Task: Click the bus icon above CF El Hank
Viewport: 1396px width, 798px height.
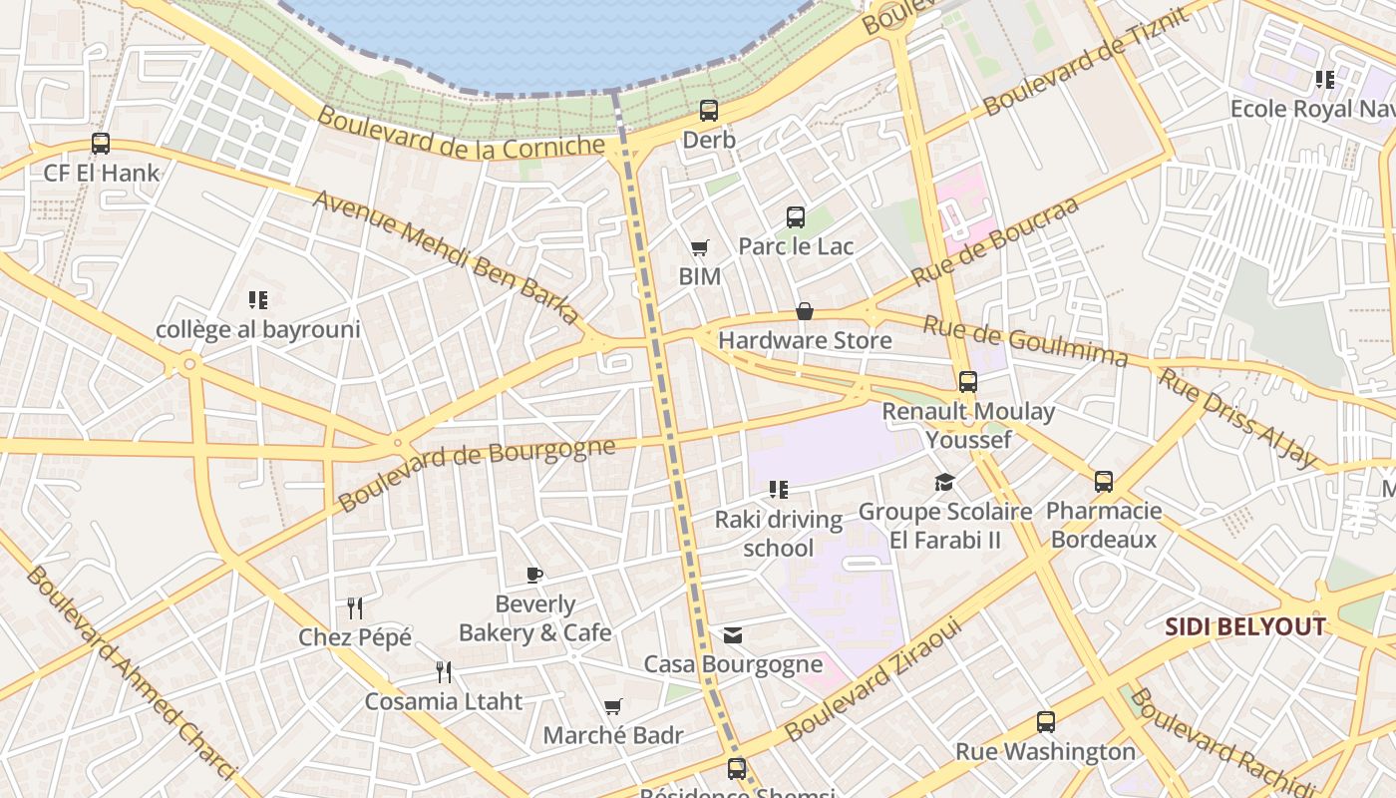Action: (101, 143)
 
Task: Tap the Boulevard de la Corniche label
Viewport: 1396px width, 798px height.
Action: (461, 133)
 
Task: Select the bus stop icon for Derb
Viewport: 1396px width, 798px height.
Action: (709, 111)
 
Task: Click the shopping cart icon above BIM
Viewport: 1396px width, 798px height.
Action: (700, 247)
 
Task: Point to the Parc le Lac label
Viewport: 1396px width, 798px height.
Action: (796, 245)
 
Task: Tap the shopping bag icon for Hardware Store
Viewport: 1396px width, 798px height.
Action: (805, 312)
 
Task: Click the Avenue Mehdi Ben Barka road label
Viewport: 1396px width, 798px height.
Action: (446, 256)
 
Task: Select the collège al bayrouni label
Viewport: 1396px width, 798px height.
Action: (258, 329)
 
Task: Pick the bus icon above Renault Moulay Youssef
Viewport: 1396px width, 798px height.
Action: (967, 382)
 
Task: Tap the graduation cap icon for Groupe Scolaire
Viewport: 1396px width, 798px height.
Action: (944, 483)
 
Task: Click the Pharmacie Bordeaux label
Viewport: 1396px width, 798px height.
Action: (1104, 526)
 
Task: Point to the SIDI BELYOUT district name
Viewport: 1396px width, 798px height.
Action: (1245, 627)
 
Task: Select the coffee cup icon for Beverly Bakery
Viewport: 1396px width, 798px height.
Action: (534, 575)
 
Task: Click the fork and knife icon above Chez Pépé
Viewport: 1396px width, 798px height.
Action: (354, 607)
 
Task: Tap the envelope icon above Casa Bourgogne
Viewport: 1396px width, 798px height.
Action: (733, 635)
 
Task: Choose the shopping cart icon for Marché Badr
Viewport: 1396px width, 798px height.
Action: (613, 707)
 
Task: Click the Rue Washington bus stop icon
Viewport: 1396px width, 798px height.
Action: (1045, 722)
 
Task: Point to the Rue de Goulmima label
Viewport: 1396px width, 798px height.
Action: (1025, 341)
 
